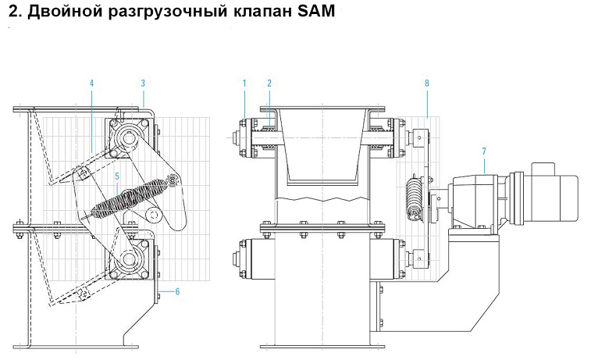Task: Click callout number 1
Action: pyautogui.click(x=244, y=82)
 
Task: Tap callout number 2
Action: pyautogui.click(x=269, y=82)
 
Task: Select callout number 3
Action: pyautogui.click(x=143, y=82)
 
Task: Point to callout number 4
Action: pyautogui.click(x=91, y=82)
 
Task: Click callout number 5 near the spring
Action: pyautogui.click(x=116, y=176)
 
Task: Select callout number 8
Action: pyautogui.click(x=427, y=82)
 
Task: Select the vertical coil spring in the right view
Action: pyautogui.click(x=414, y=201)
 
